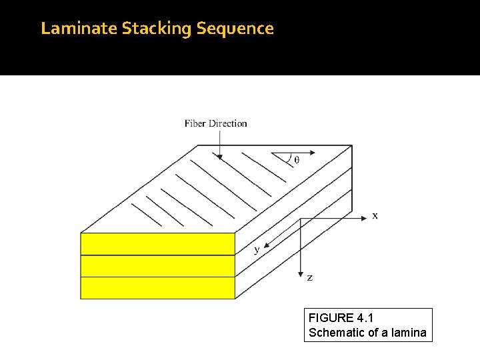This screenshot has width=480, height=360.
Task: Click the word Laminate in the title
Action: tap(79, 29)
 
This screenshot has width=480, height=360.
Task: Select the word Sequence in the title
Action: tap(236, 29)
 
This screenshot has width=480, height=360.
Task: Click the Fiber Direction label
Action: tap(215, 123)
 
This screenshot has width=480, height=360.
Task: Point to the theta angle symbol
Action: tap(296, 160)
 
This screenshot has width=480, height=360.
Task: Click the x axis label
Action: tap(375, 215)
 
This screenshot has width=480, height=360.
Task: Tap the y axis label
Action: tap(257, 250)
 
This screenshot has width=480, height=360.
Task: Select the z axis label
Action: tap(309, 277)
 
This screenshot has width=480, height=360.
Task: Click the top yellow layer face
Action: tap(157, 244)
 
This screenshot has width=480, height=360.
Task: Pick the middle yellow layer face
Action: tap(157, 266)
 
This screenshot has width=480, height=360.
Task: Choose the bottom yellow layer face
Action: tap(157, 288)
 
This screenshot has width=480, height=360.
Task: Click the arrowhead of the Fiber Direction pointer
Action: tap(219, 157)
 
